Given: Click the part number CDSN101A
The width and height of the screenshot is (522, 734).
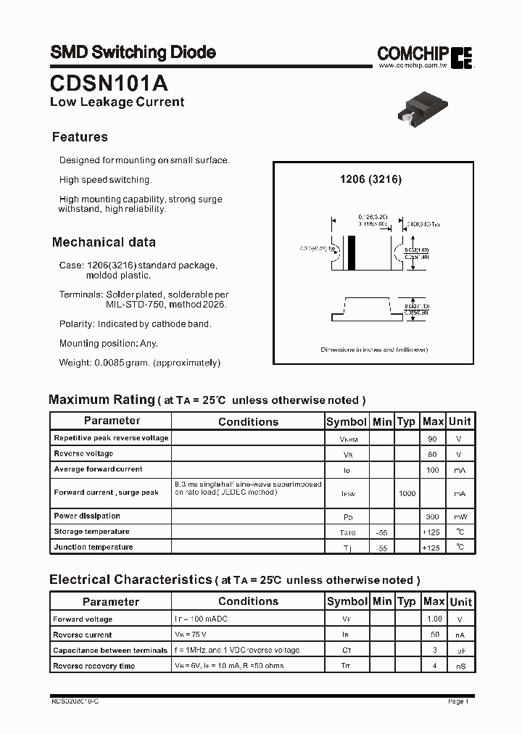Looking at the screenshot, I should tap(109, 80).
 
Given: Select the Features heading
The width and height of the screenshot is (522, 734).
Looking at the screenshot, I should tap(80, 137).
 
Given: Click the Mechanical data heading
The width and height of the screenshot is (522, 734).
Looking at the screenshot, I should tap(104, 242).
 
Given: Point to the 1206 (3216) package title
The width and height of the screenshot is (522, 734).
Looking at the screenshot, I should tap(370, 179).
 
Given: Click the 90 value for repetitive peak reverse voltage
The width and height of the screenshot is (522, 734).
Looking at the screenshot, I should tap(433, 439).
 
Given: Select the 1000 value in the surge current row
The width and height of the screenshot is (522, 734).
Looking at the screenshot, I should tap(407, 493).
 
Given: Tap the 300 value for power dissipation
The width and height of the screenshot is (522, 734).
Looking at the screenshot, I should tap(433, 516).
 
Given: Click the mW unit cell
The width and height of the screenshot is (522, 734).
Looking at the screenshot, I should tap(460, 516).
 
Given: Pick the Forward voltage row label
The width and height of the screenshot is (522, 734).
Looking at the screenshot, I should tap(83, 619).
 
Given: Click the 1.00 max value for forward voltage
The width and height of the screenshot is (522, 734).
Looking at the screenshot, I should tap(434, 619).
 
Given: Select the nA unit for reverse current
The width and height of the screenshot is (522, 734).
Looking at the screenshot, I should tap(460, 635).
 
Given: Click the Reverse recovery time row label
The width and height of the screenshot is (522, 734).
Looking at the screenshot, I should tap(94, 666).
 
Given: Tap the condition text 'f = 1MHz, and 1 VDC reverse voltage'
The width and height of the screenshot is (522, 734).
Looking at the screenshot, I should tap(236, 651).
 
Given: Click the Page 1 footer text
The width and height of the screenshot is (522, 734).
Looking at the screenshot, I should tap(458, 701).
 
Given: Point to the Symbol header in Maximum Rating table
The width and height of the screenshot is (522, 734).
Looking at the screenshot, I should tap(347, 421).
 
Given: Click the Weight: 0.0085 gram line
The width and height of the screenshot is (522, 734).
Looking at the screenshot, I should tap(139, 362).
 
